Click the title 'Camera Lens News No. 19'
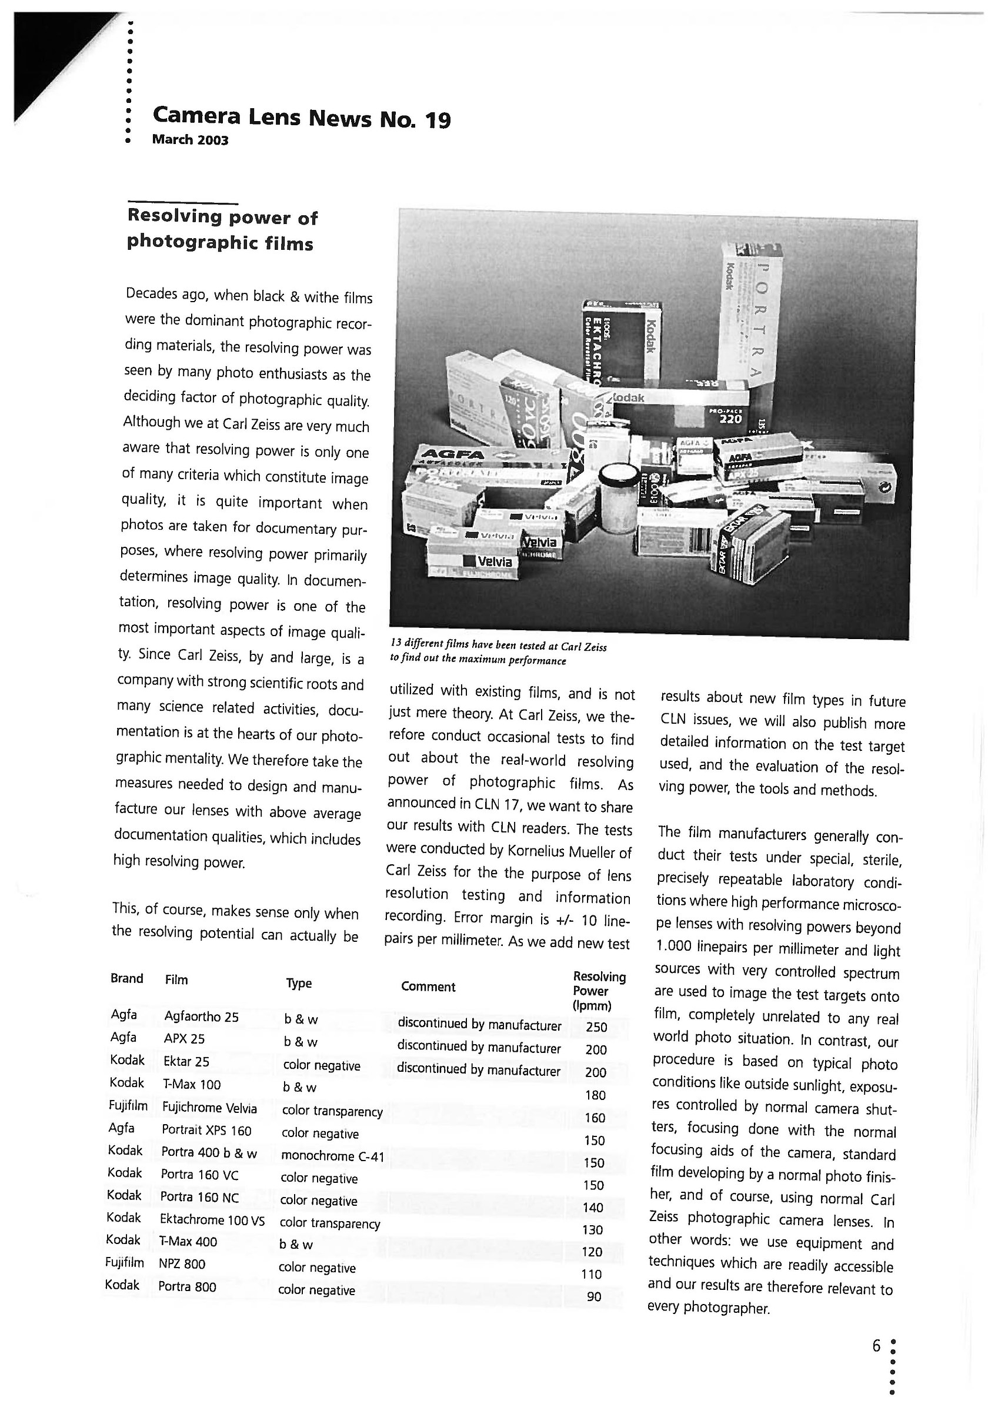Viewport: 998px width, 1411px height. pos(301,117)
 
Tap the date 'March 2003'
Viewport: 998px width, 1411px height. pos(190,140)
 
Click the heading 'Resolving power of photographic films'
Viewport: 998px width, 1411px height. pos(221,230)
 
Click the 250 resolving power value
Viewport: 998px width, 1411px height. pos(596,1027)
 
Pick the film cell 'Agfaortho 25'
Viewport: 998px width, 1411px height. pos(201,1017)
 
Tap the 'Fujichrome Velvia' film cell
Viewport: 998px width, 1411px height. pos(209,1108)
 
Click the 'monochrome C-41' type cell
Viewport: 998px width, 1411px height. pos(332,1156)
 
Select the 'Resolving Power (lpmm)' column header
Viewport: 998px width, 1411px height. pos(599,991)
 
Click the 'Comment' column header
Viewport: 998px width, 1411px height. pos(428,987)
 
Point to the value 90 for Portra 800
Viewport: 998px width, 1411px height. pos(593,1297)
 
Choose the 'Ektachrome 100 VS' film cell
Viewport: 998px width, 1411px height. pos(212,1221)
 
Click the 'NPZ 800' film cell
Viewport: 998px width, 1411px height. pos(182,1263)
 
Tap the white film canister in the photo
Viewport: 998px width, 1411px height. pos(619,498)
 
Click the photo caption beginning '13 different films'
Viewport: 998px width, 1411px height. pos(498,653)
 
